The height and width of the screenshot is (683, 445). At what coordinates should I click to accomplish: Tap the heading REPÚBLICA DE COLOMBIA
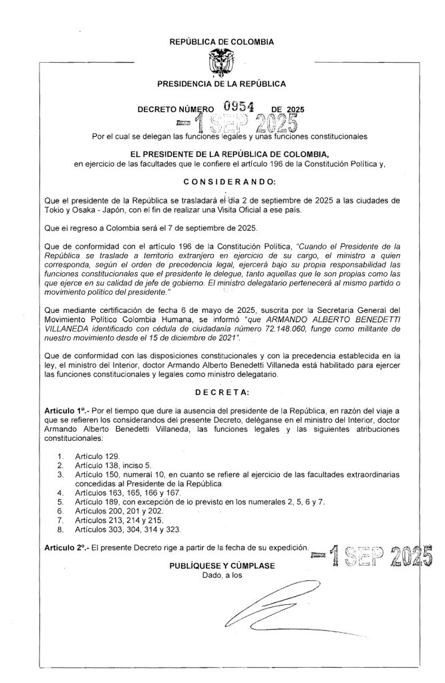pyautogui.click(x=222, y=41)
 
